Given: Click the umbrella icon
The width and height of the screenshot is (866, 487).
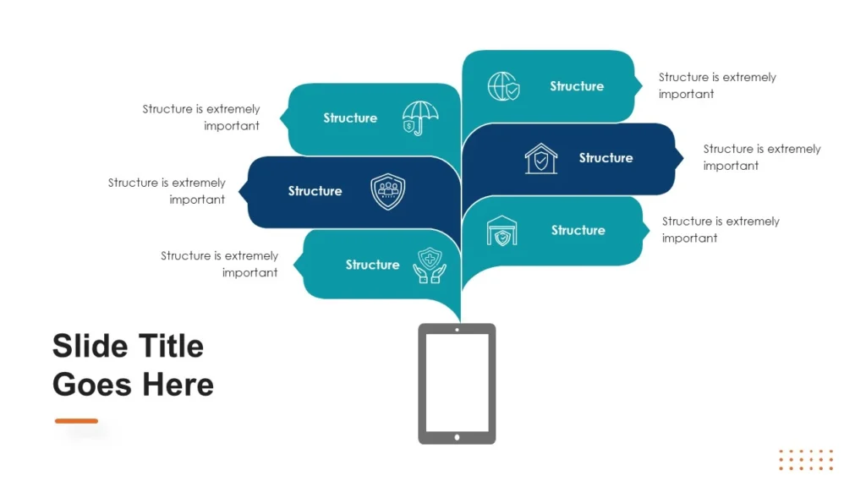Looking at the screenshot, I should point(419,118).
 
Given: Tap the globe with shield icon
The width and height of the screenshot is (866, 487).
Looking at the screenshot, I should point(503,86).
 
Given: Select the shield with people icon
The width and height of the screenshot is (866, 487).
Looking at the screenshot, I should point(388,191).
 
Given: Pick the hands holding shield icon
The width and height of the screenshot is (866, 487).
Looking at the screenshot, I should point(430,265).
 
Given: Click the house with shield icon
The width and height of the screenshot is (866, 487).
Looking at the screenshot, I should point(541,158).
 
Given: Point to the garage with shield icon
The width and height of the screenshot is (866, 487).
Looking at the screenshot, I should point(502,231).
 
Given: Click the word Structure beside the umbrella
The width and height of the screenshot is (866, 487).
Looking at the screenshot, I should point(350,118).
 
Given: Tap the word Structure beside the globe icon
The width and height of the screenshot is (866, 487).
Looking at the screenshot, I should point(577,86).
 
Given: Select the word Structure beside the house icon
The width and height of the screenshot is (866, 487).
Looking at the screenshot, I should point(606,158).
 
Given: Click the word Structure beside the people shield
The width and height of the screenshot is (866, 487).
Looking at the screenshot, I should point(315,191).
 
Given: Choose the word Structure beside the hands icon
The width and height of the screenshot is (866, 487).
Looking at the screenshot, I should point(372,265).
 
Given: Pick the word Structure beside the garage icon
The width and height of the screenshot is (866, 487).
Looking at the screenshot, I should point(578,230).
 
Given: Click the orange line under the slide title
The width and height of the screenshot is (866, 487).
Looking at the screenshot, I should point(76,420).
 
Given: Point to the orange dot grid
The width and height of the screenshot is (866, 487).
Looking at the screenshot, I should point(805,459).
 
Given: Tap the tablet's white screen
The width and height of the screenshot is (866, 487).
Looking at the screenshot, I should point(457,382).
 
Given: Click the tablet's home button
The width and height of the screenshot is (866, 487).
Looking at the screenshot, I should point(457,437).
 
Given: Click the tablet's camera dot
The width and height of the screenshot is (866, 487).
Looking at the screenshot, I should point(457,329).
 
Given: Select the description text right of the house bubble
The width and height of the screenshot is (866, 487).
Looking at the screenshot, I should point(761,157).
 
